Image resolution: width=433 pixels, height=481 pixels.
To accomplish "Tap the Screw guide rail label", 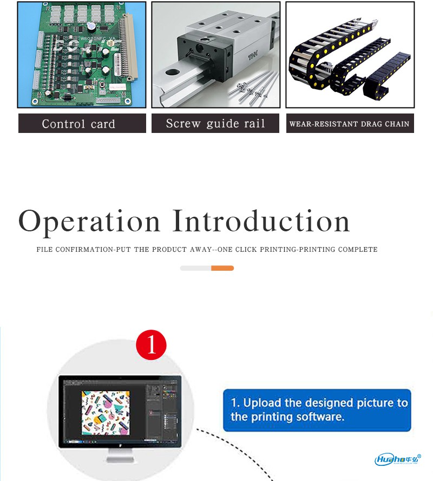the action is coord(215,123).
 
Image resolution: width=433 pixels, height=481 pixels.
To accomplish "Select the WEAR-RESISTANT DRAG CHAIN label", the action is coord(350,123).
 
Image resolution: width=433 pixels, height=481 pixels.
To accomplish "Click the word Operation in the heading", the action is coord(89,222).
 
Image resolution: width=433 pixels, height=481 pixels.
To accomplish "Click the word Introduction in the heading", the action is coord(261,221).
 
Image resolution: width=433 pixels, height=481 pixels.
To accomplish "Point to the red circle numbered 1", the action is coord(151,345).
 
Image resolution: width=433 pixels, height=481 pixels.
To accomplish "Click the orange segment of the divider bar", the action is coord(222,268).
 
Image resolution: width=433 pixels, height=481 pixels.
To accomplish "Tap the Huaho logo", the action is coord(398,459).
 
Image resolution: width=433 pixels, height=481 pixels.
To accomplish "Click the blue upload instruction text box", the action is coord(317,410).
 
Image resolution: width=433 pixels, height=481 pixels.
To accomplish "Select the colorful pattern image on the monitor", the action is coord(106,412).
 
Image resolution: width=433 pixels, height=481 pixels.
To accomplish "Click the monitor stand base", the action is coord(120,459).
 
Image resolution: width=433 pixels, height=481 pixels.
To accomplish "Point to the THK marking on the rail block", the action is coord(253,56).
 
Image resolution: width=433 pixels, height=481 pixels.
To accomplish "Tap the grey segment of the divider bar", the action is coord(195,268).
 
